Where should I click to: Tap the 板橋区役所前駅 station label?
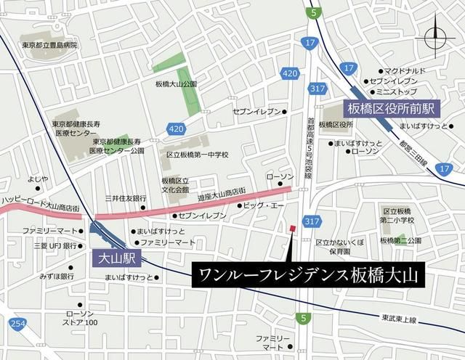[x=390, y=109]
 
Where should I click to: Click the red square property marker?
[x=292, y=230]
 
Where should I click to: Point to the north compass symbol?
[x=436, y=36]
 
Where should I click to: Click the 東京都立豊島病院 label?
[x=49, y=45]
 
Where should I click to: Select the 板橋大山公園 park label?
[x=176, y=84]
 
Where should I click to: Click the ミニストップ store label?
[x=397, y=93]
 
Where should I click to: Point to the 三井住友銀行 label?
[x=126, y=198]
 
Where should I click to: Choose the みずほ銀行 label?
[x=57, y=277]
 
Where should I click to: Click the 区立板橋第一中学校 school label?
[x=197, y=155]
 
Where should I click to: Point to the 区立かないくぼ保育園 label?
[x=339, y=246]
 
